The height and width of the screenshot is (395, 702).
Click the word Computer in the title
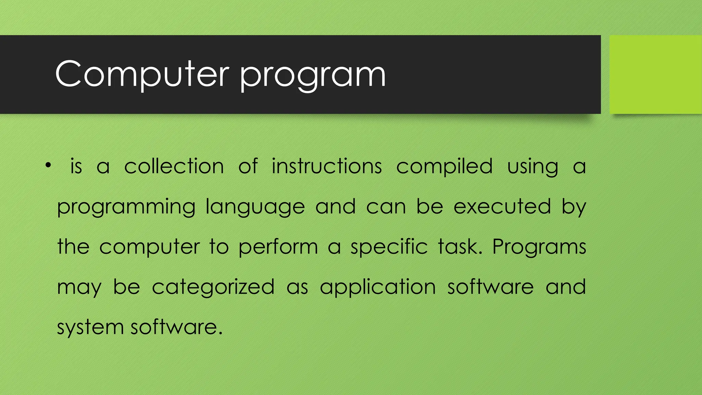[142, 74]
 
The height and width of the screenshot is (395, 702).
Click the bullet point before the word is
[48, 166]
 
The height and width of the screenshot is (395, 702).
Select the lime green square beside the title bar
[655, 74]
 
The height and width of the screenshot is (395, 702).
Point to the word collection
[174, 167]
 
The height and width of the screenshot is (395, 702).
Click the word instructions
[327, 167]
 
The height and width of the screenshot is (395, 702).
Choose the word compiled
[445, 167]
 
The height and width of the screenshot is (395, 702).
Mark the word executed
[502, 207]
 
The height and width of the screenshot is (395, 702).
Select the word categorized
[213, 287]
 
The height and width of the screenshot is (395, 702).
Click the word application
[378, 287]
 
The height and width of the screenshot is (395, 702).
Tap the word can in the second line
[386, 207]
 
